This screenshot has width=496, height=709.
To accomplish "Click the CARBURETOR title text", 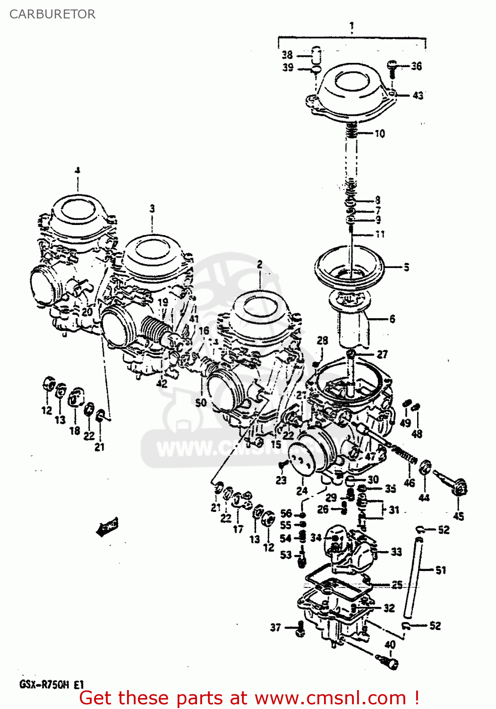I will (x=52, y=14).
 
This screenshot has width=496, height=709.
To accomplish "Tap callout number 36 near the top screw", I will (x=416, y=66).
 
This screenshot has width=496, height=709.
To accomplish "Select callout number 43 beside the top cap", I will (x=418, y=95).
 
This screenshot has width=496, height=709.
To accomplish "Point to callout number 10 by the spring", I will (x=380, y=134).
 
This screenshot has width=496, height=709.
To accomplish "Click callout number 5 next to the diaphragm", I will (x=406, y=268).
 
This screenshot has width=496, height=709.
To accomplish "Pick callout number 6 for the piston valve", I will (x=392, y=319).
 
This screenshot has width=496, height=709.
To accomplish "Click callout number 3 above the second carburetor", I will (x=152, y=208).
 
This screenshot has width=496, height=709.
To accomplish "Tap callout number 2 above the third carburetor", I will (x=259, y=265).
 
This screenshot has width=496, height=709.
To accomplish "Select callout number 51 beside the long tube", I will (x=440, y=571).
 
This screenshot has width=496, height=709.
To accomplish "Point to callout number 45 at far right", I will (x=458, y=516).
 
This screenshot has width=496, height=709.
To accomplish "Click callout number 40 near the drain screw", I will (x=390, y=645).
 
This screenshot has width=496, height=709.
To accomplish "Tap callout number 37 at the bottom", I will (x=275, y=627).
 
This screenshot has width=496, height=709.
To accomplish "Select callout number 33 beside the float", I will (x=396, y=552).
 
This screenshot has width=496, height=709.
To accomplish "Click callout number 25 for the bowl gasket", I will (x=397, y=585).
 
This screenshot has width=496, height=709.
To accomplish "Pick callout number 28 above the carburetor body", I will (x=322, y=340).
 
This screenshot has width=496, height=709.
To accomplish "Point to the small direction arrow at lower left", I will (x=107, y=527).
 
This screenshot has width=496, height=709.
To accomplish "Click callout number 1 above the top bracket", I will (x=352, y=27).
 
